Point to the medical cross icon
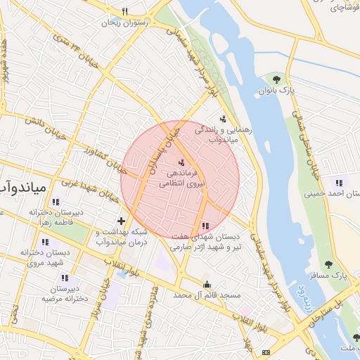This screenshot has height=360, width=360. point(121,221)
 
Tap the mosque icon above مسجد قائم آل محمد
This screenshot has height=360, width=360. point(207,285)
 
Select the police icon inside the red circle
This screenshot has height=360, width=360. point(172,162)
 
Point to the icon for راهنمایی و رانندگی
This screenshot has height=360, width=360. point(223,119)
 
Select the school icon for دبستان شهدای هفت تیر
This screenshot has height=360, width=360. point(205,226)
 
